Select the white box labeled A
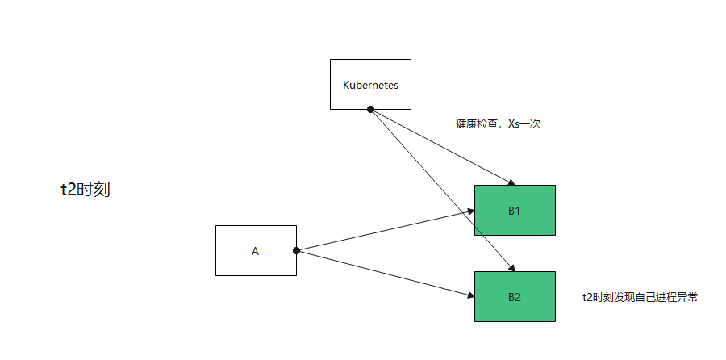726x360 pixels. point(256,250)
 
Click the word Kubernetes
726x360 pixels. point(370,85)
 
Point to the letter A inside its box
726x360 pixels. point(256,251)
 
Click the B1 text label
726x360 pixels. point(515,211)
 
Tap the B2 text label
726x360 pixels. point(515,297)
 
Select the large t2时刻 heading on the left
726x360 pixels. point(86,190)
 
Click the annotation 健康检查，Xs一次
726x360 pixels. point(498,124)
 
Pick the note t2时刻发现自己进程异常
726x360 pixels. point(640,297)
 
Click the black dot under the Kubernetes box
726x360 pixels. point(370,109)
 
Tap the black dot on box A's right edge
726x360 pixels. point(296,250)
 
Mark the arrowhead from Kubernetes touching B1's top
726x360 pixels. point(511,182)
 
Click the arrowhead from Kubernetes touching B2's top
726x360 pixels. point(511,268)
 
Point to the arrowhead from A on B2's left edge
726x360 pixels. point(470,295)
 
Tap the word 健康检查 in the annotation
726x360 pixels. point(475,124)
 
